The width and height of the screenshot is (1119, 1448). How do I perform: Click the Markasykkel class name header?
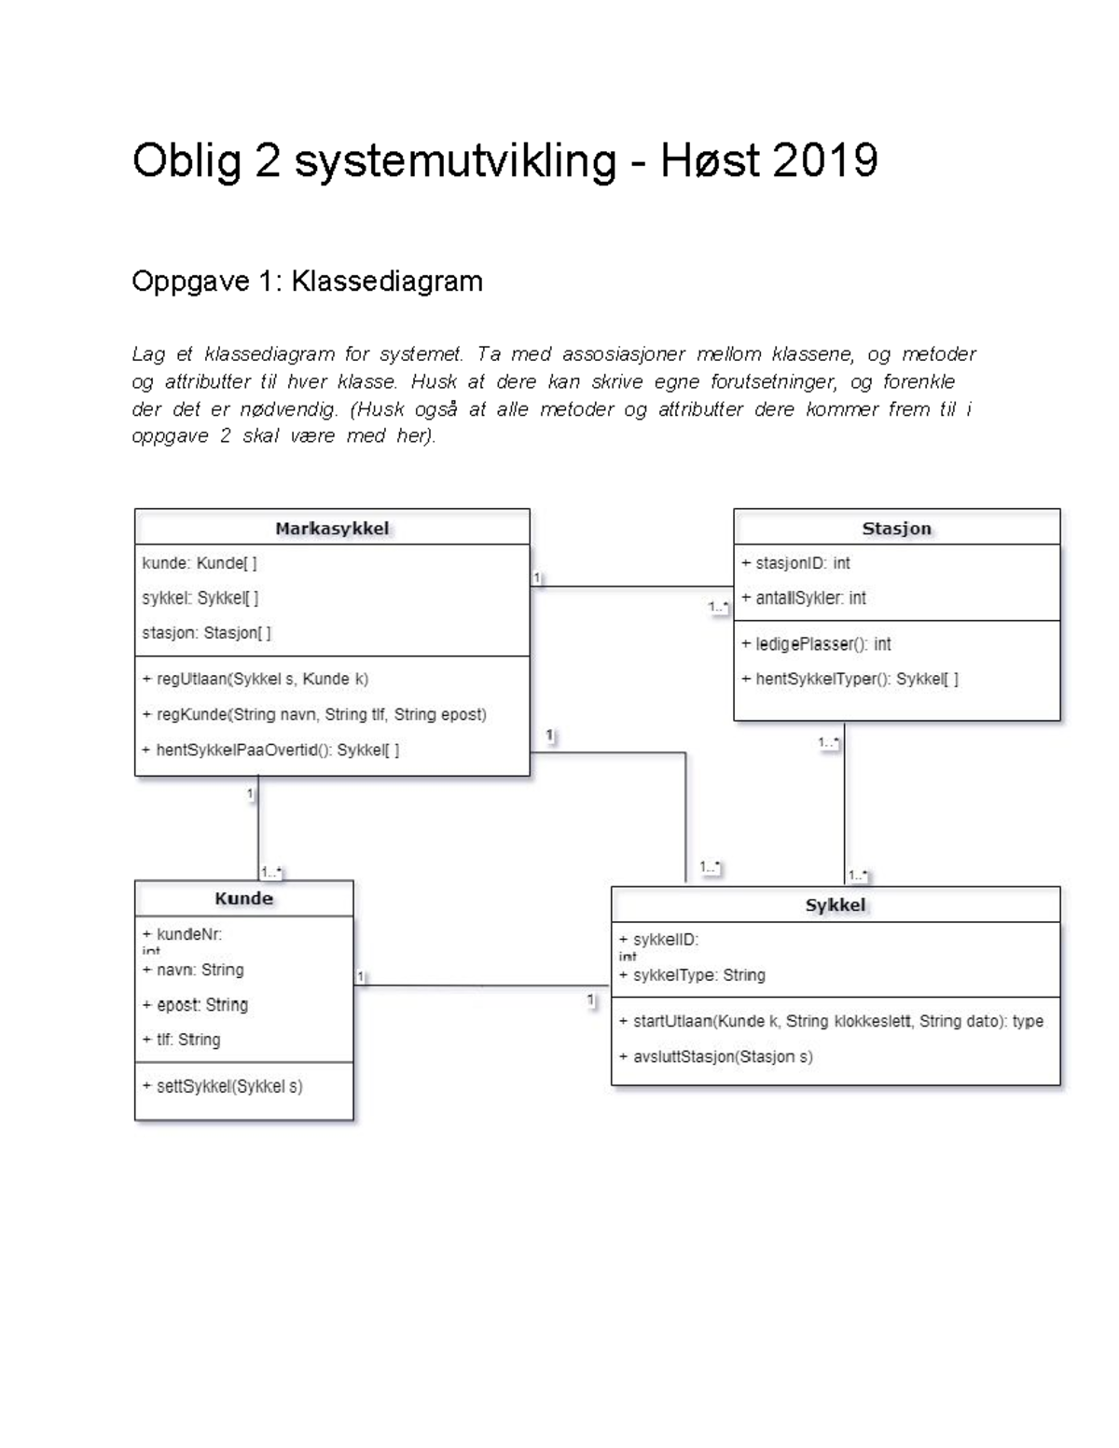pos(332,529)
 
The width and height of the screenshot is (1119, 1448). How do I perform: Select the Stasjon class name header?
pos(896,529)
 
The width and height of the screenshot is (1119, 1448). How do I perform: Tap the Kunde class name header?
pos(243,899)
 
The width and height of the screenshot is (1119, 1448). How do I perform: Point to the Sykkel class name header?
pos(836,905)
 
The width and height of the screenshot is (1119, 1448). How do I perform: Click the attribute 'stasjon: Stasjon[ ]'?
pos(206,633)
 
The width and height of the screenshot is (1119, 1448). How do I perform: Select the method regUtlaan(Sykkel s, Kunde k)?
pos(255,679)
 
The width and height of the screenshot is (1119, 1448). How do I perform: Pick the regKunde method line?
pos(314,714)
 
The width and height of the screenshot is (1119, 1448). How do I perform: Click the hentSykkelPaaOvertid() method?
pos(270,750)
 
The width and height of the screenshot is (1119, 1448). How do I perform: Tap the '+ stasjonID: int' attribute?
pos(795,563)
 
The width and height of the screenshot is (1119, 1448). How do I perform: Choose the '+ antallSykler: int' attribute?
pos(803,599)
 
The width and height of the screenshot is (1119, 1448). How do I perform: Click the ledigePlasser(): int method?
pos(816,644)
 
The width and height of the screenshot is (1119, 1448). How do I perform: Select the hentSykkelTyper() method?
pos(850,679)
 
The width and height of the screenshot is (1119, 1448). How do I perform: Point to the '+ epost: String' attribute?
pos(195,1005)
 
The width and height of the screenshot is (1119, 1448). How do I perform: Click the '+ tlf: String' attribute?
pos(181,1040)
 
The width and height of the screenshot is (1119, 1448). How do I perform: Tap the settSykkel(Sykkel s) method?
pos(222,1086)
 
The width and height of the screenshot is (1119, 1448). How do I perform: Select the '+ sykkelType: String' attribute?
pos(692,975)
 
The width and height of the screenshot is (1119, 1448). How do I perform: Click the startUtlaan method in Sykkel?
pos(831,1021)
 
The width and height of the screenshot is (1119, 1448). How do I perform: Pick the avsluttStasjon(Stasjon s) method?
pos(715,1056)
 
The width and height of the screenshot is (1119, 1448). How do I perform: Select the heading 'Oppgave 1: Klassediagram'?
pos(307,282)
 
